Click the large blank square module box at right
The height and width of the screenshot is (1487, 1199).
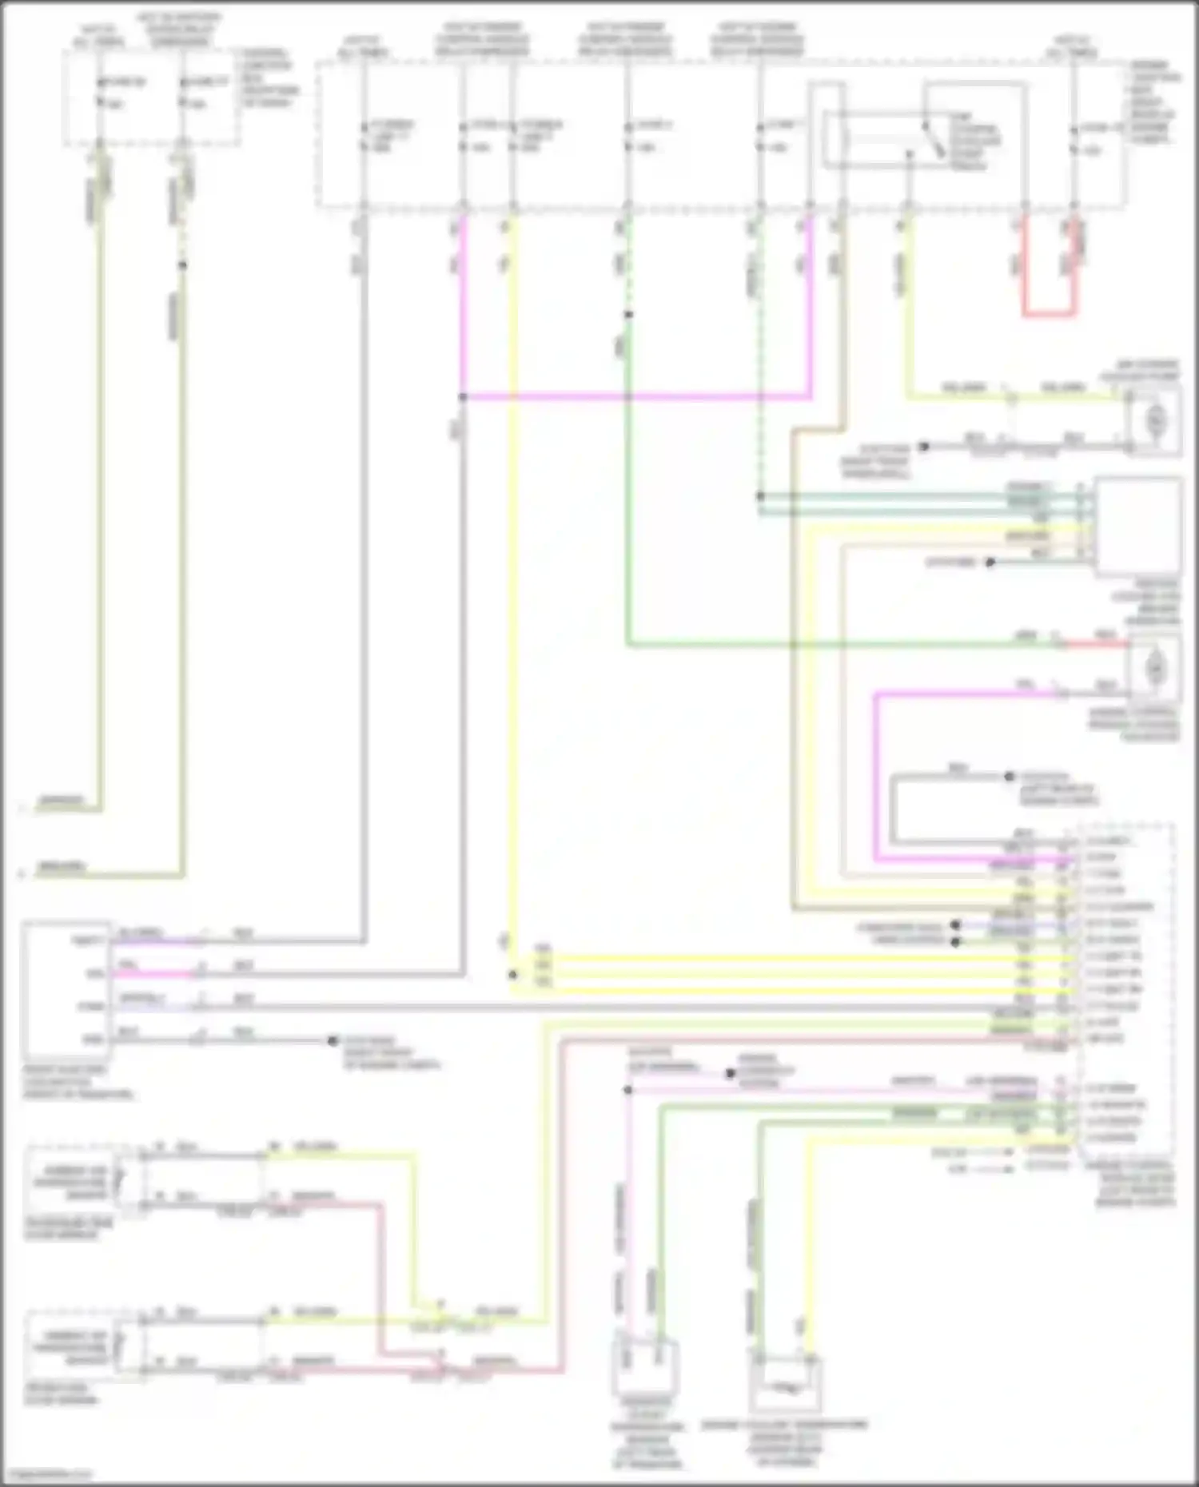tap(1138, 525)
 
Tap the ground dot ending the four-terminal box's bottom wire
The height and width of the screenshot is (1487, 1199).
tap(333, 1040)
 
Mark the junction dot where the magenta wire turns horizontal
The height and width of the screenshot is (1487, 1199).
tap(462, 396)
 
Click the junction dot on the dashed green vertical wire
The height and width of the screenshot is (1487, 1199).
tap(628, 315)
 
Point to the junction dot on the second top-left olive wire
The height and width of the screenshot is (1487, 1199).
tap(182, 264)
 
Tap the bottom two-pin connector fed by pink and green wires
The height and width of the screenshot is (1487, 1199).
tap(644, 1368)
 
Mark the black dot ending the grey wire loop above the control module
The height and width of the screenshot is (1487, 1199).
tap(1010, 776)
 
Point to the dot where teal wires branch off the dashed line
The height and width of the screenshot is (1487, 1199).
tap(760, 496)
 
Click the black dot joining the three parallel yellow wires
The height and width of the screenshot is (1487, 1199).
tap(513, 975)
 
